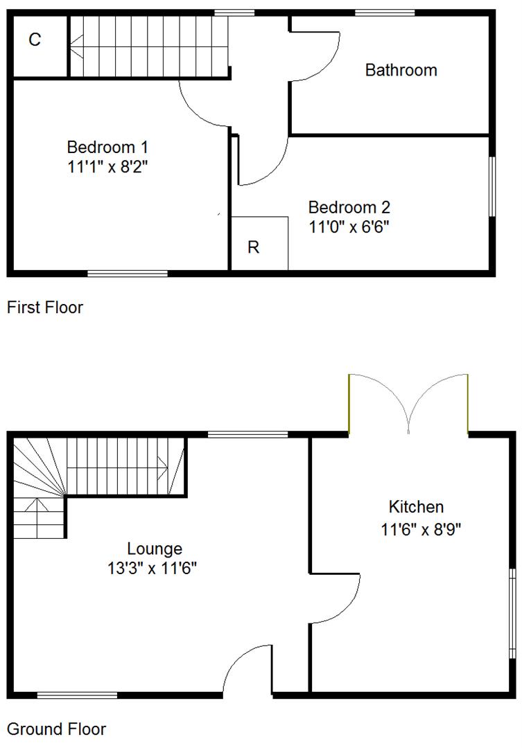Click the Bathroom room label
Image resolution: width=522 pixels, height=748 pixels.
click(401, 70)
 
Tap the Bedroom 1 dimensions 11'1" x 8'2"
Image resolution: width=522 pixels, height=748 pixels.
click(107, 166)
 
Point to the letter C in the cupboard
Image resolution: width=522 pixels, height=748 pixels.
click(35, 39)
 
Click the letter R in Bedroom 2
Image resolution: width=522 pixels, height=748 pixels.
click(254, 247)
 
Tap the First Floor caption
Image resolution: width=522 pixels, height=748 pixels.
click(45, 308)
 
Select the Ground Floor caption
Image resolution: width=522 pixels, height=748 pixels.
click(56, 729)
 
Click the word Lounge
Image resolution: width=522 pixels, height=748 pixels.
click(155, 549)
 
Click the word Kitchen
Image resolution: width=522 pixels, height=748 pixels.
click(416, 507)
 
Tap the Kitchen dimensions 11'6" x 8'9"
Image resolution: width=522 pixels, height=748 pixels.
click(421, 530)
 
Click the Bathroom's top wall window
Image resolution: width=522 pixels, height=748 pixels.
click(385, 12)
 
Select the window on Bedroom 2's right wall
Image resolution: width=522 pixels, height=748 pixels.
click(492, 186)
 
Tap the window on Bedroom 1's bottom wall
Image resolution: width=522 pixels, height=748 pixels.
click(128, 274)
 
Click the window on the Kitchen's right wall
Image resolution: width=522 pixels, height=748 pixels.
click(512, 613)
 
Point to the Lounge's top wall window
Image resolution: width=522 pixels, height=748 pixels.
click(247, 434)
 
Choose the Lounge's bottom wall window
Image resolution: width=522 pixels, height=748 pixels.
click(77, 695)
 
